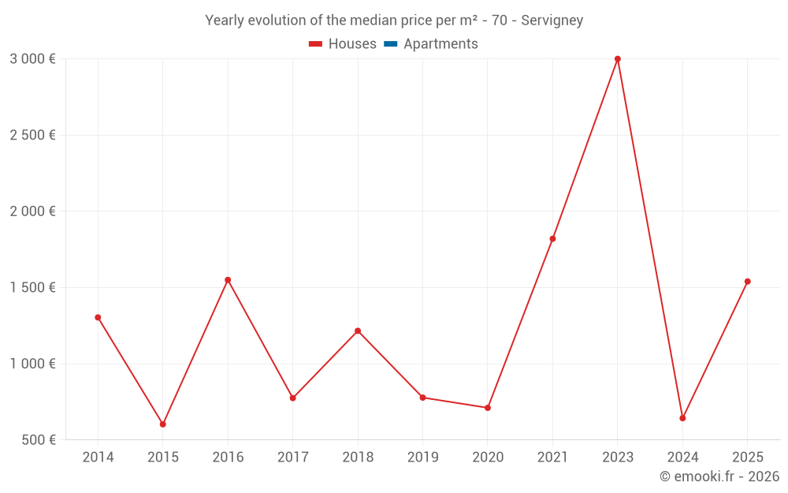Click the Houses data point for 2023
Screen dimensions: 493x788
click(x=618, y=59)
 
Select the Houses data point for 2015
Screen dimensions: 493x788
click(x=163, y=424)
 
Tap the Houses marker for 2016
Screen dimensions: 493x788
click(x=228, y=280)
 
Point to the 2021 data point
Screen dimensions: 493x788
click(x=552, y=239)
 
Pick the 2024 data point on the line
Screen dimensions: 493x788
click(x=682, y=418)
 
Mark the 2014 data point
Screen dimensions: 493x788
click(x=98, y=318)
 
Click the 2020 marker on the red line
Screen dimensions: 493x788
click(x=488, y=408)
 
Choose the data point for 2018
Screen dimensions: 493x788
click(x=358, y=331)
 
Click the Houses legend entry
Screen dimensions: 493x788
click(x=343, y=44)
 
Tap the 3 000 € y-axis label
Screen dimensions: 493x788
click(x=32, y=59)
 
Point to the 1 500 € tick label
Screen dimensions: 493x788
click(x=32, y=288)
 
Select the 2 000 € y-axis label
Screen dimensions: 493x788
click(x=32, y=211)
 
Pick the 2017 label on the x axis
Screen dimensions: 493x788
click(x=293, y=458)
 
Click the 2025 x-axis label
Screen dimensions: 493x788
click(x=747, y=458)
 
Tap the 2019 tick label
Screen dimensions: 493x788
click(x=422, y=458)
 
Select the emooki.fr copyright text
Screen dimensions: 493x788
click(x=719, y=476)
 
